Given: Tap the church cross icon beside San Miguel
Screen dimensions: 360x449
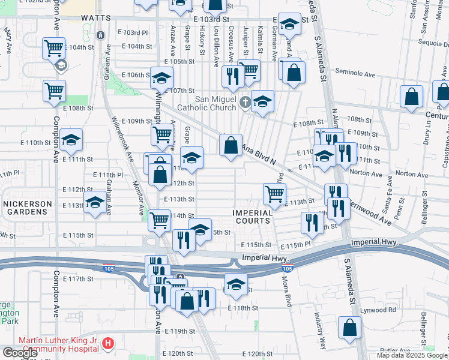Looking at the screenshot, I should point(244,103).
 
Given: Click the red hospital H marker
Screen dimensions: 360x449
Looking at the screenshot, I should point(108,344).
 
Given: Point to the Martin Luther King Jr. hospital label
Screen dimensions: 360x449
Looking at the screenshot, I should point(58,344).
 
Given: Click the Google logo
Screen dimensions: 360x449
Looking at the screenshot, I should point(19,353).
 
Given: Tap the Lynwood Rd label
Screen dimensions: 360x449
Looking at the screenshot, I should point(378,310).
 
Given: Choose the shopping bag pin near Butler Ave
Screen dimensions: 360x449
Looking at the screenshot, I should point(349,328).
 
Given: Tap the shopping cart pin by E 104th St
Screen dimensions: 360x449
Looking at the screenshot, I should point(53,47).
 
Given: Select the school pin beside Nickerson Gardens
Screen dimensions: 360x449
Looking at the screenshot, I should point(95,202).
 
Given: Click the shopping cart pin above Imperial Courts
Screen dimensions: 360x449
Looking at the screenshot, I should point(274,193).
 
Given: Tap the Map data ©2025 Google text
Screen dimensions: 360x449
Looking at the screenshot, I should point(412,355).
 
